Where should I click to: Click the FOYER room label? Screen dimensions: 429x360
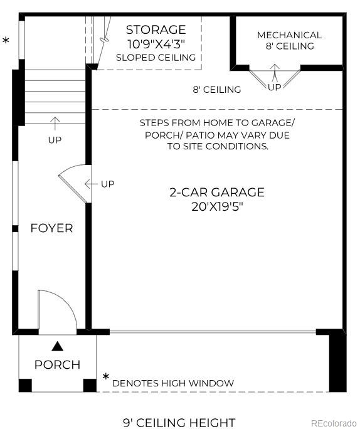(51, 228)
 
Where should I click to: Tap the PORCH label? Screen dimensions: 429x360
(57, 364)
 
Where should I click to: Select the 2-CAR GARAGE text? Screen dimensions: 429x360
(217, 193)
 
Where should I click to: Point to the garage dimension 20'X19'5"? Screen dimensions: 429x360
(217, 207)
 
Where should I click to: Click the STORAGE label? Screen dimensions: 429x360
(156, 29)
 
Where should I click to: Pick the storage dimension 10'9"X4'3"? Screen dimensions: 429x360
(156, 44)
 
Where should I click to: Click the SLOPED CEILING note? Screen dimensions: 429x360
(156, 58)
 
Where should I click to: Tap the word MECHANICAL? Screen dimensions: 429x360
(289, 35)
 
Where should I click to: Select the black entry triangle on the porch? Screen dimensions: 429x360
(58, 345)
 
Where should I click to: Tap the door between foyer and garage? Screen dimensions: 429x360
(74, 183)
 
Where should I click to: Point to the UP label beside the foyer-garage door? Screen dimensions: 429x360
(108, 184)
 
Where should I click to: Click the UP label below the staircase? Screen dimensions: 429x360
(55, 140)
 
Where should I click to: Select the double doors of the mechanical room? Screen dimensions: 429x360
(275, 78)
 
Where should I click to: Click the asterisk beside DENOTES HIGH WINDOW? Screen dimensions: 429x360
(106, 377)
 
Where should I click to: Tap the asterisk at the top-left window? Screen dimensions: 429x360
(6, 41)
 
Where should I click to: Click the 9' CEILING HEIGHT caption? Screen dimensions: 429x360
(179, 423)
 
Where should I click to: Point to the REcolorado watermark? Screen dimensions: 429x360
(334, 423)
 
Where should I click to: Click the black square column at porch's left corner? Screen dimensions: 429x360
(25, 385)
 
